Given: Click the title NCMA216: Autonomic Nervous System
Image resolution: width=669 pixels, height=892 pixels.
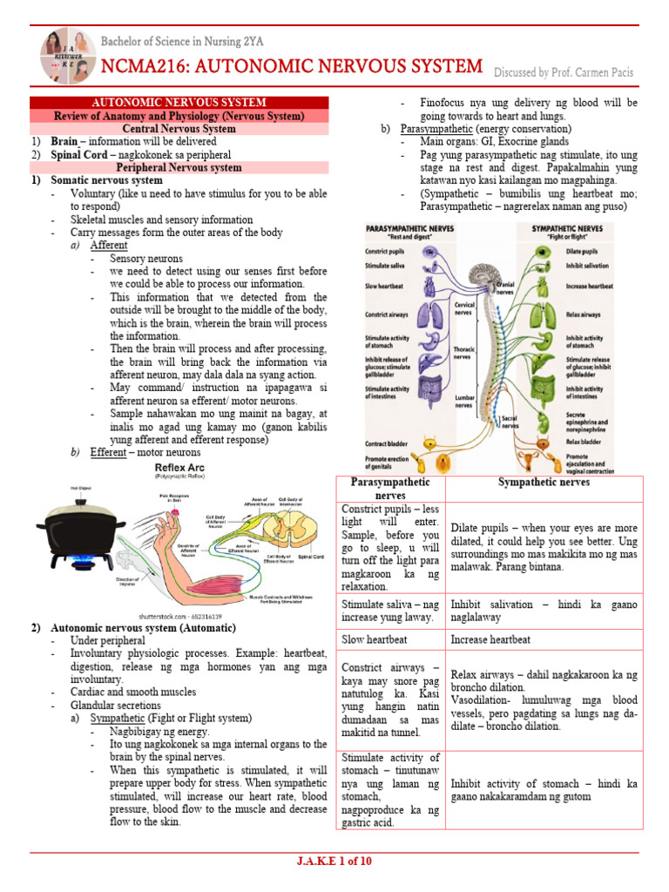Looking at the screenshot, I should (x=292, y=67).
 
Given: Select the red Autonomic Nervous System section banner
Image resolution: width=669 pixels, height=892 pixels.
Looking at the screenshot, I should (x=179, y=103).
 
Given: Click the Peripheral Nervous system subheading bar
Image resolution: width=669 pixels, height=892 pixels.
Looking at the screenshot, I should (x=179, y=167).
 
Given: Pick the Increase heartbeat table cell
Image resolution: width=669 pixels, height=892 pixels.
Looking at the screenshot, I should (x=490, y=639).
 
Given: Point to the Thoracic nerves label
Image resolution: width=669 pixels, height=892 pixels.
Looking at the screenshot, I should (x=464, y=351).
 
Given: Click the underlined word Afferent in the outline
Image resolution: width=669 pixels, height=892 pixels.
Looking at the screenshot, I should (x=109, y=246).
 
